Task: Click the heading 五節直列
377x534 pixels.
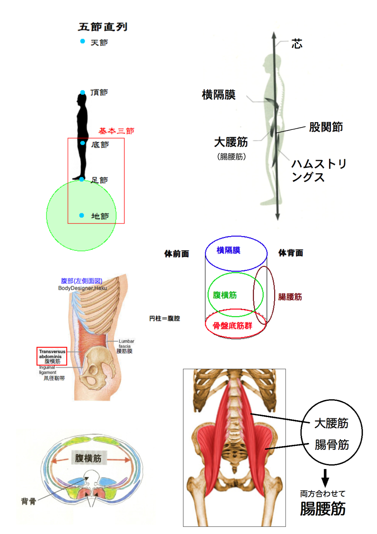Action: click(x=103, y=27)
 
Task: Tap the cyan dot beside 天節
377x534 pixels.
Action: click(x=82, y=41)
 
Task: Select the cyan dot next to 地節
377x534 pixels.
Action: click(x=81, y=215)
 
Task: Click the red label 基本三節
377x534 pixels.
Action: click(x=116, y=131)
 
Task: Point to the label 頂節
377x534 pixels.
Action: click(x=99, y=92)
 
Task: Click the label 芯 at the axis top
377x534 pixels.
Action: click(x=297, y=44)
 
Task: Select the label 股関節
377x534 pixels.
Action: click(x=326, y=127)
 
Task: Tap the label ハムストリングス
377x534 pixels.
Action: click(x=319, y=171)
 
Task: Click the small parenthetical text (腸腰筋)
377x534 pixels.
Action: click(x=231, y=157)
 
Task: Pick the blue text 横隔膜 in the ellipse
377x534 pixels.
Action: click(x=228, y=250)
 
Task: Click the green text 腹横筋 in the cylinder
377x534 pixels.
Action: click(x=225, y=295)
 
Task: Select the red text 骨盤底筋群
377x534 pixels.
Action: click(x=232, y=326)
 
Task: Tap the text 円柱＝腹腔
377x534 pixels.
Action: click(x=164, y=318)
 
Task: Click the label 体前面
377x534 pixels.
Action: click(x=176, y=254)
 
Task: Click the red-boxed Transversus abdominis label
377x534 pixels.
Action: click(x=52, y=356)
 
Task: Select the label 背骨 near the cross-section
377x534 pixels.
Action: click(x=29, y=501)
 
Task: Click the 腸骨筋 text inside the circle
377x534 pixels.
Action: click(x=332, y=445)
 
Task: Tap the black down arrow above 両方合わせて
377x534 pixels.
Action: click(x=325, y=478)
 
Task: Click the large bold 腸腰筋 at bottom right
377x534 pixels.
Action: click(x=323, y=509)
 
